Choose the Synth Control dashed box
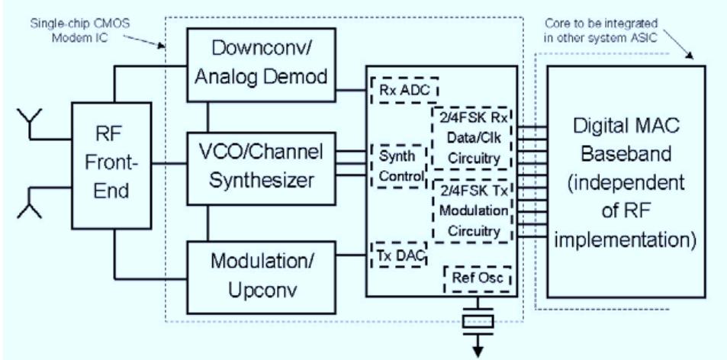tap(397, 166)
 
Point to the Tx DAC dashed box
tap(397, 255)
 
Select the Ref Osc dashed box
tap(477, 278)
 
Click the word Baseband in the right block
tap(625, 155)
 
